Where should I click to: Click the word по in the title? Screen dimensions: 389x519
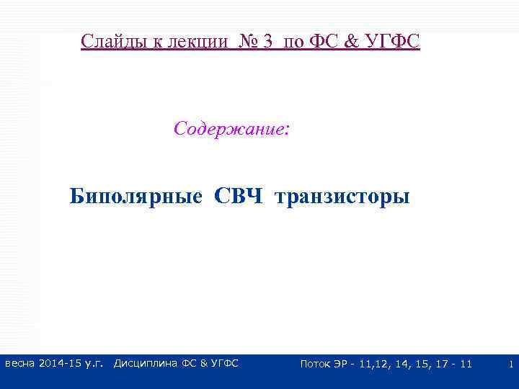tap(293, 41)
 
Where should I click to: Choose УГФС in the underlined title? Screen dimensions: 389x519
tap(390, 41)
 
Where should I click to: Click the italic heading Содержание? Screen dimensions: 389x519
tap(232, 129)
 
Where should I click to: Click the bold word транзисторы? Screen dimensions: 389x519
tap(342, 196)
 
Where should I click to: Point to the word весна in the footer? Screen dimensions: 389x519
tap(20, 364)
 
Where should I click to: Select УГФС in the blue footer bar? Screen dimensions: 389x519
tap(223, 364)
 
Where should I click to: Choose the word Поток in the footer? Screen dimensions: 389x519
tap(316, 364)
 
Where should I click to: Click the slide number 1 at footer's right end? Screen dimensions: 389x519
tap(510, 365)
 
